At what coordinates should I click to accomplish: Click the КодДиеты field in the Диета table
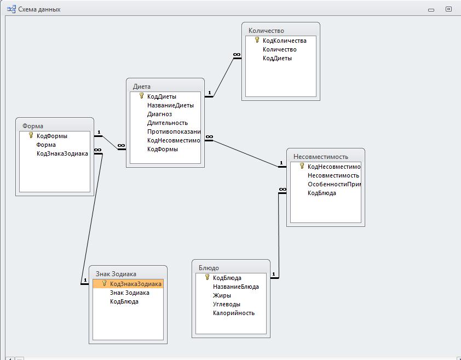pos(162,96)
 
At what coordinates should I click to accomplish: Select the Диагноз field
pos(159,114)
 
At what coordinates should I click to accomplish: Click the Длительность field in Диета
pos(167,123)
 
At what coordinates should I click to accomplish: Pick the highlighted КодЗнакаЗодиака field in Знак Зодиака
pos(135,284)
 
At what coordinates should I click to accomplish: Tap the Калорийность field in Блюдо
pos(234,313)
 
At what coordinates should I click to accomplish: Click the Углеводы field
pos(227,304)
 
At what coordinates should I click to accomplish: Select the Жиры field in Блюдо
pos(222,295)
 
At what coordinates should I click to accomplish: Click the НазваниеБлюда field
pos(235,287)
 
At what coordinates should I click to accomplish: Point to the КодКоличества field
pos(284,41)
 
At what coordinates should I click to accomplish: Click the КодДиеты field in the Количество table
pos(277,58)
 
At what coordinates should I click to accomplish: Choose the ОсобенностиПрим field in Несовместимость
pos(333,184)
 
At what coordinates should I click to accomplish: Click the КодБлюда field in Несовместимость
pos(322,193)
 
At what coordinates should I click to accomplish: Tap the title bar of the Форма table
pos(33,125)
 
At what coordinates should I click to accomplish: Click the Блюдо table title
pos(209,268)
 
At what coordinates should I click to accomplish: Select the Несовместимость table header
pos(320,157)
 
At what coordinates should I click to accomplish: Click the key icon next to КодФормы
pos(31,135)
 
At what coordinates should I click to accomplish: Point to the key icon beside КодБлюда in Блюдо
pos(207,277)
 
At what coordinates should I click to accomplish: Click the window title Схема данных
pos(39,9)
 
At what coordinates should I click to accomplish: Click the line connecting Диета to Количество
pos(223,77)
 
